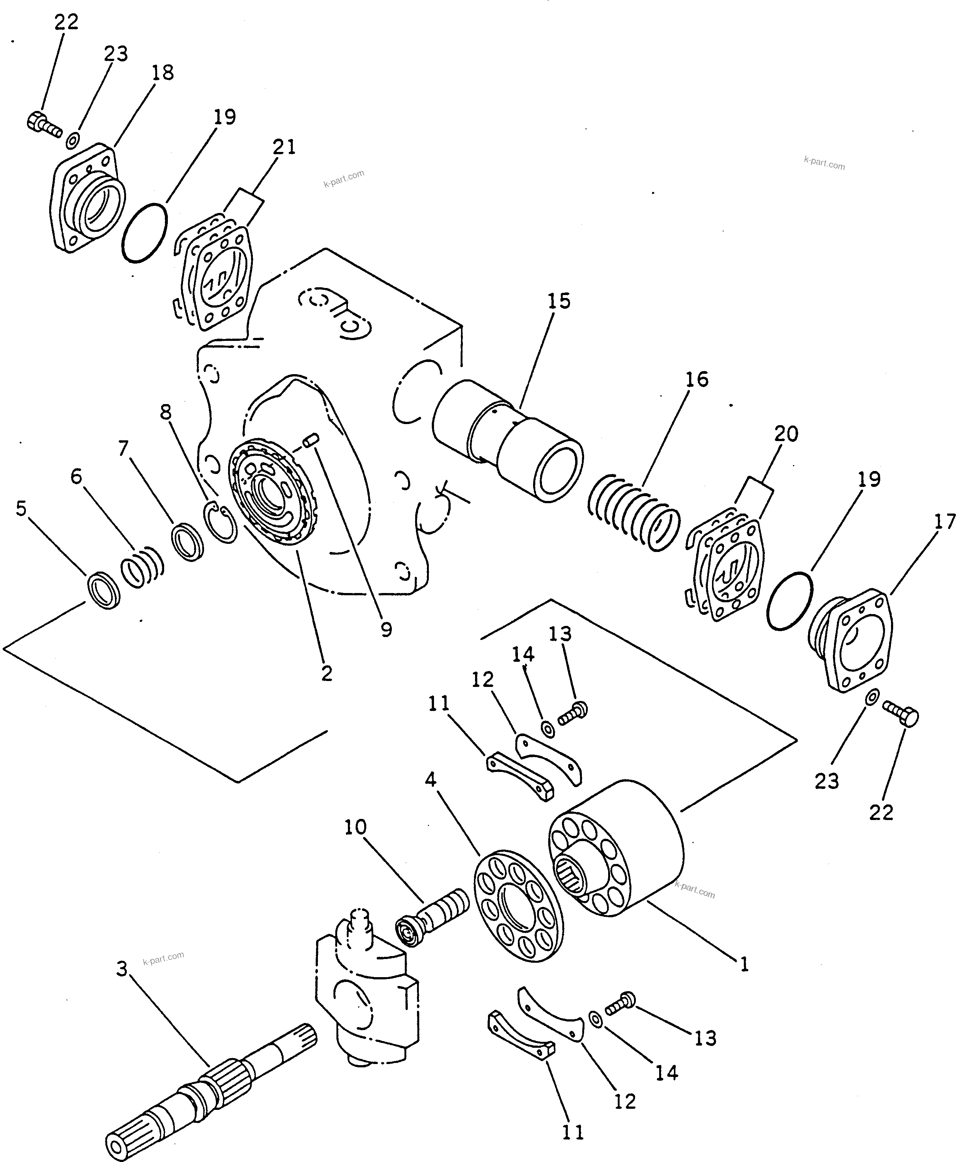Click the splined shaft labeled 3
click(209, 1088)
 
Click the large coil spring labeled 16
click(633, 512)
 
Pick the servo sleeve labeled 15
click(506, 441)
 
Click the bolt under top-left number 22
click(43, 124)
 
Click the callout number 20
click(786, 434)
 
